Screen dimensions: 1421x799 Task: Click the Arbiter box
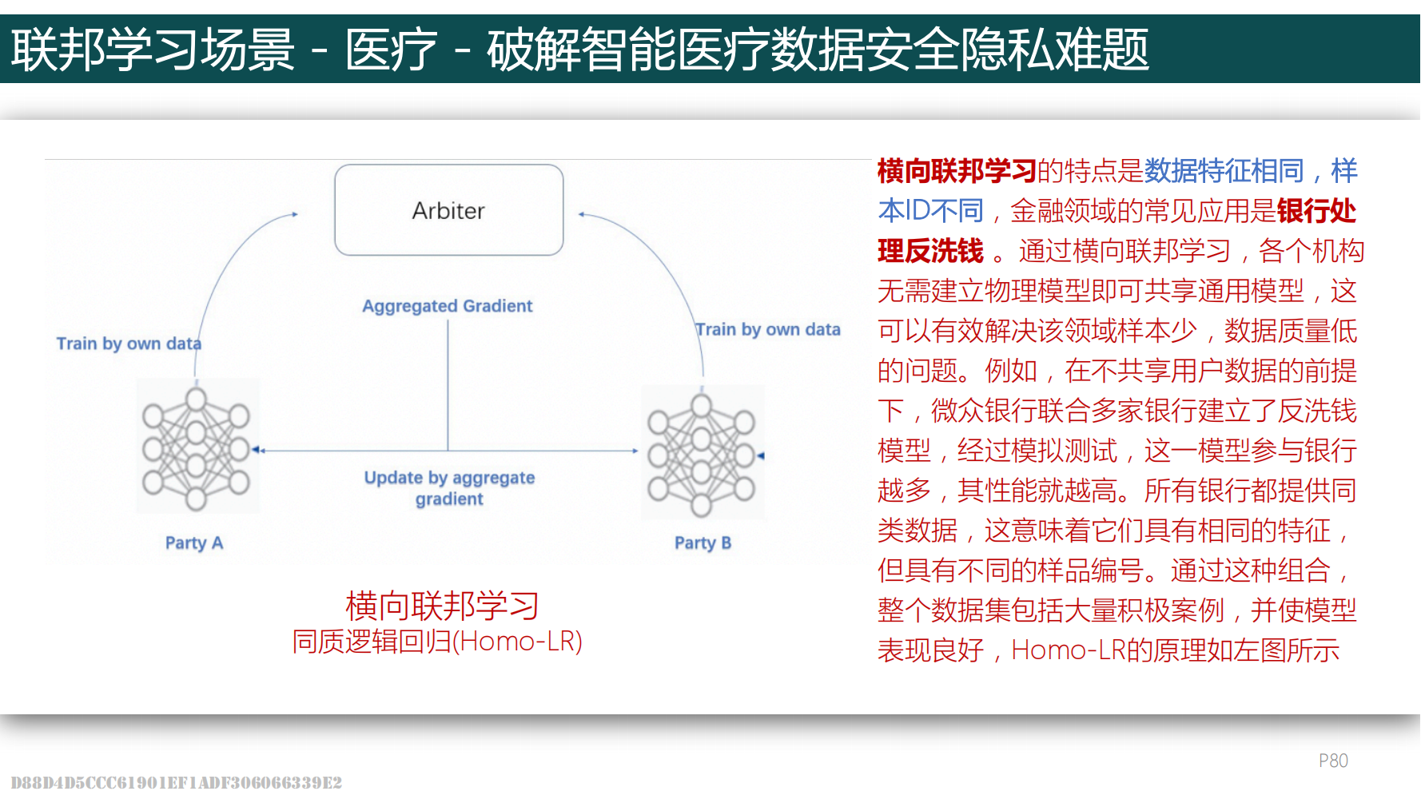(x=448, y=210)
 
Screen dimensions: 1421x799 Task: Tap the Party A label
(x=194, y=543)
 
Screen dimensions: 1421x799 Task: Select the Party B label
(x=703, y=543)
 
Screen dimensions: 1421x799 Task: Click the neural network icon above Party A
(x=196, y=447)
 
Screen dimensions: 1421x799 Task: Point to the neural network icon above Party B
(x=702, y=454)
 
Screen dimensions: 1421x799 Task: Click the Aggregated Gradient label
(x=447, y=306)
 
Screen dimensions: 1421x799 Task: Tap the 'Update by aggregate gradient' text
(x=449, y=488)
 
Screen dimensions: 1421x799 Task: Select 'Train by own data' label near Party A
(x=129, y=344)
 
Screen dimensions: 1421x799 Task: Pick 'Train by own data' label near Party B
(x=768, y=329)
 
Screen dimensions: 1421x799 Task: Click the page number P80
(x=1332, y=761)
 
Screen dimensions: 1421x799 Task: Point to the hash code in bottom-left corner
(x=176, y=782)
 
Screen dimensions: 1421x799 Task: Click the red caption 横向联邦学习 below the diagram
(x=442, y=606)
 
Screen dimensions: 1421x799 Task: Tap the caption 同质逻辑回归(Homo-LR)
(x=437, y=642)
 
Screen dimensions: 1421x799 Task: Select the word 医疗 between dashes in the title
(x=391, y=50)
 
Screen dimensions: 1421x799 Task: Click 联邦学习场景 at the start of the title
(x=153, y=50)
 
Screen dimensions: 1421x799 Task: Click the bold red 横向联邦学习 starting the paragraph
(x=956, y=171)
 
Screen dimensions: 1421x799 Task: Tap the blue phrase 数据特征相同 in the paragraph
(x=1224, y=171)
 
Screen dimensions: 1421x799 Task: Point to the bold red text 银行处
(x=1316, y=211)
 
